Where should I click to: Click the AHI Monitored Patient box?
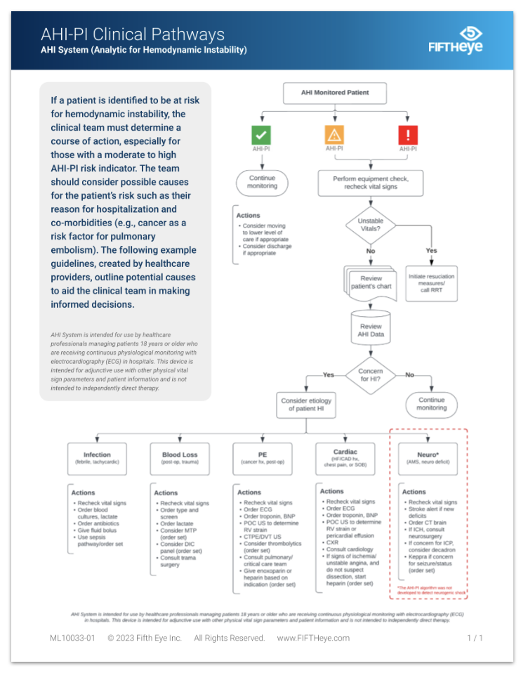[334, 93]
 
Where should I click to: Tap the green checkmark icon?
[261, 134]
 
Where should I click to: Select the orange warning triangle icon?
[334, 134]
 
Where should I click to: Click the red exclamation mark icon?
[407, 134]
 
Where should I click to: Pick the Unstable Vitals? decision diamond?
[371, 226]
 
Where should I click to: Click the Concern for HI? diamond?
[371, 375]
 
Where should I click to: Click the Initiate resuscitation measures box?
[431, 283]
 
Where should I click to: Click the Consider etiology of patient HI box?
[306, 405]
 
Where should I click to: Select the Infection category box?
[97, 458]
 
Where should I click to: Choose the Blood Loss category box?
[180, 458]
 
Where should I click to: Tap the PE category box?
[262, 458]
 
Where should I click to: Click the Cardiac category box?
[346, 458]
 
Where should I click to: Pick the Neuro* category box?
[428, 458]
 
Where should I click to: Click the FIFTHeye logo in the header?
[456, 40]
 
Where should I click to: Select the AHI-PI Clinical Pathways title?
[133, 34]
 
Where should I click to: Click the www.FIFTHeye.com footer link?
[313, 638]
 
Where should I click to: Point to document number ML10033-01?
[72, 638]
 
